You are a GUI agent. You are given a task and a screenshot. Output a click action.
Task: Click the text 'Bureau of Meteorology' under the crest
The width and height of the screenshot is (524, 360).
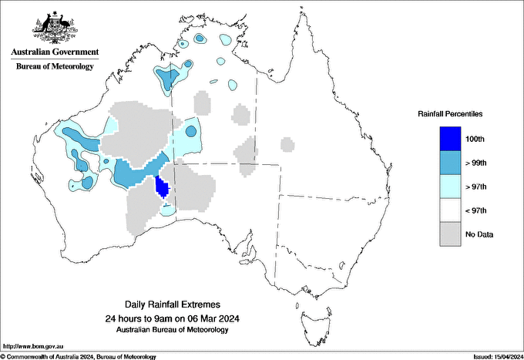54,66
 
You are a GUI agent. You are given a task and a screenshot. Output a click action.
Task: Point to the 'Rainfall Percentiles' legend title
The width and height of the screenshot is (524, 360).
450,114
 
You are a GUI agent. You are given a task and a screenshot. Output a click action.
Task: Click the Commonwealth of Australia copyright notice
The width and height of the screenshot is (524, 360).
79,356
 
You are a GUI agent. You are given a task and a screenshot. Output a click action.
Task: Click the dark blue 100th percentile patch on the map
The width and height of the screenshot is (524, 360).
162,187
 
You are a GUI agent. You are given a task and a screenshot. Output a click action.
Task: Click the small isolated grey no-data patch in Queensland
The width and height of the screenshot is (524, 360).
287,144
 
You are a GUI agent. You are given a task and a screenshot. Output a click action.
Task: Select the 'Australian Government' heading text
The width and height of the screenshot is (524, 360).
54,52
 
